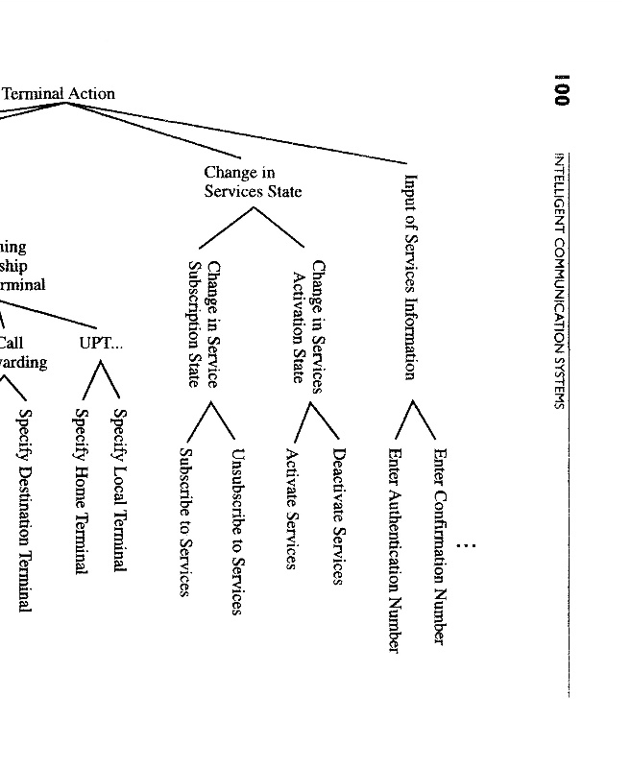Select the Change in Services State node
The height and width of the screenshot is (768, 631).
click(253, 181)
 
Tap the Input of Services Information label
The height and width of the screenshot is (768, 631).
click(411, 276)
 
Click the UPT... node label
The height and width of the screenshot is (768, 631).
click(102, 343)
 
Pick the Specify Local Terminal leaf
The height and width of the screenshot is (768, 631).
click(120, 491)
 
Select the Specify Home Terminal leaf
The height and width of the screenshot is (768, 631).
click(82, 492)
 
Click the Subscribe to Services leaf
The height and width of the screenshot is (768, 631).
click(187, 521)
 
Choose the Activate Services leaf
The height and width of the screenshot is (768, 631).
click(291, 508)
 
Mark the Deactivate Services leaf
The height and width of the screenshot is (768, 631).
click(337, 516)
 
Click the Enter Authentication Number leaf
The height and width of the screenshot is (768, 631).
click(393, 549)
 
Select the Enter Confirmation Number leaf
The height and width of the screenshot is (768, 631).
click(439, 545)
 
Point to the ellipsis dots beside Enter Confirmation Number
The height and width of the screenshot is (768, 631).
click(467, 546)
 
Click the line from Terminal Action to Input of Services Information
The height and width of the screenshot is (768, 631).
click(240, 129)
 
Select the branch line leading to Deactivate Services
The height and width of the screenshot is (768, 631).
click(328, 419)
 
